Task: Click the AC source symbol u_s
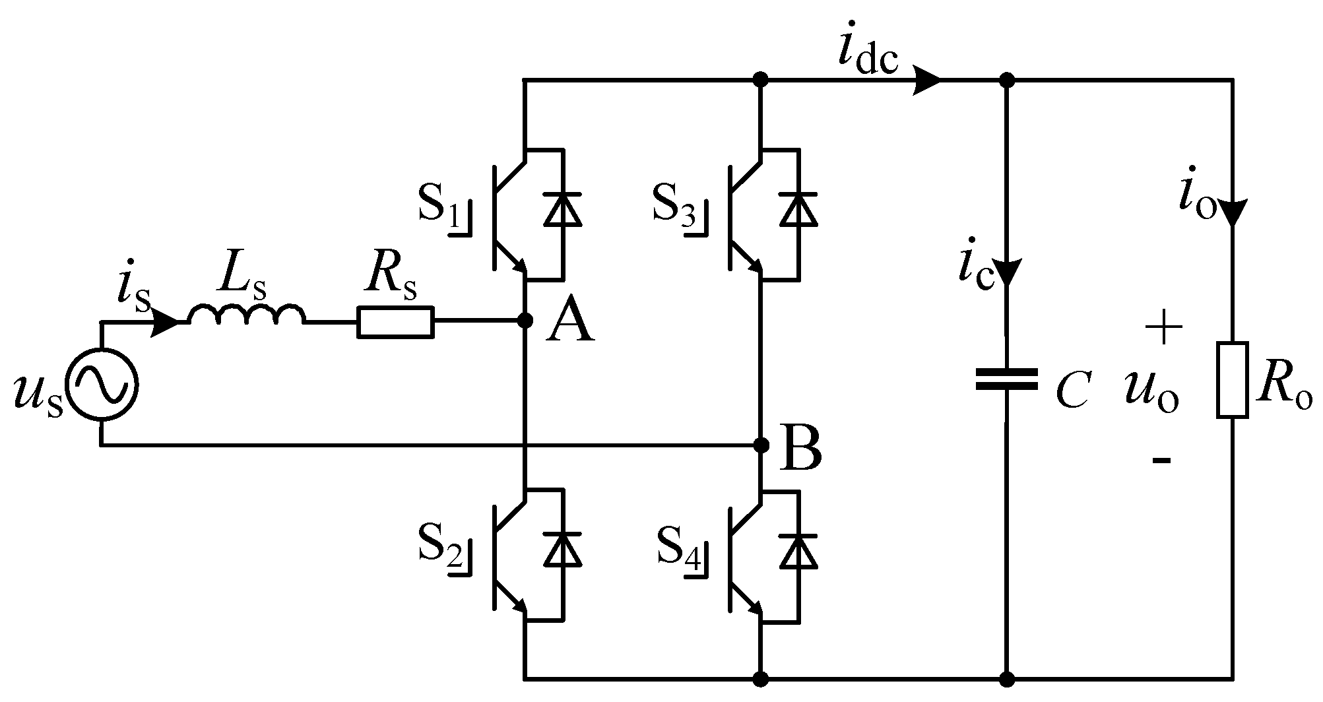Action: (102, 384)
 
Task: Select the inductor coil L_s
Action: (247, 315)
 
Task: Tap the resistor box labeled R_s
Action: (395, 322)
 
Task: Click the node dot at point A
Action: (525, 321)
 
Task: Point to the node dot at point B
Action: (761, 445)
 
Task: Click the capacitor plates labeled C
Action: (1006, 379)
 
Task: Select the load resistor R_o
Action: (1232, 380)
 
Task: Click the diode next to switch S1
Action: (562, 209)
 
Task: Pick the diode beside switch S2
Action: (562, 550)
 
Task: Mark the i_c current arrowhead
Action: (1006, 272)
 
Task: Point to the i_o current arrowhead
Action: (1232, 212)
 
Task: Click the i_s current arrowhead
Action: (165, 322)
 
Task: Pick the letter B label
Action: (800, 450)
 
